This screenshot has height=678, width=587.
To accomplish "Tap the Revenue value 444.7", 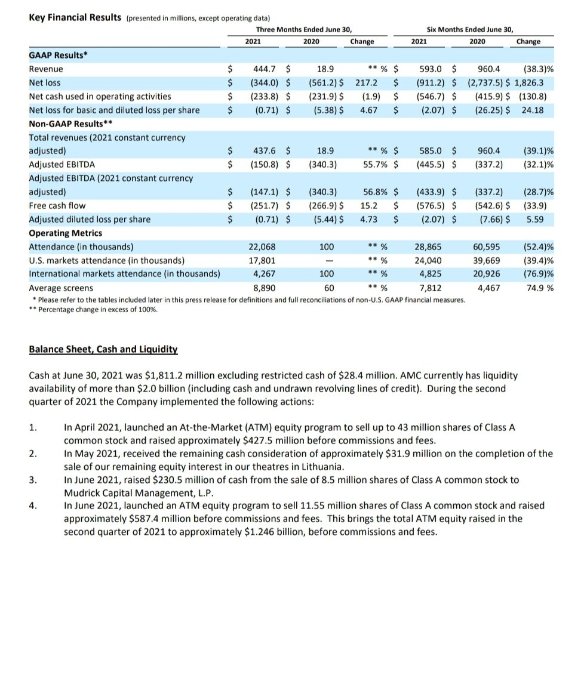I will (x=264, y=69).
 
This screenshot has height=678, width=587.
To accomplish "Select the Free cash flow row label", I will (x=57, y=206).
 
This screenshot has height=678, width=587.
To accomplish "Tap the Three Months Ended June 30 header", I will (x=303, y=29).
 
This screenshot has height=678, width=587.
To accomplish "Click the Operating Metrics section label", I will (x=66, y=233).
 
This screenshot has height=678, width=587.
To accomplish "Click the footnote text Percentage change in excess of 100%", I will (x=98, y=310).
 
